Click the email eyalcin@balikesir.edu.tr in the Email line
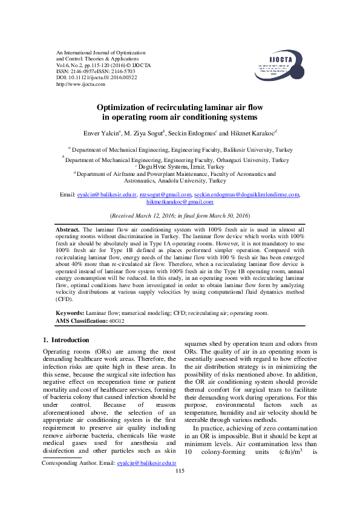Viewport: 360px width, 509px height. pyautogui.click(x=107, y=195)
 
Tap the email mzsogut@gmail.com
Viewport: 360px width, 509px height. pyautogui.click(x=165, y=195)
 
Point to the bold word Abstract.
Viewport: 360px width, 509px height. pyautogui.click(x=67, y=230)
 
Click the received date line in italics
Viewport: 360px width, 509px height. pyautogui.click(x=180, y=216)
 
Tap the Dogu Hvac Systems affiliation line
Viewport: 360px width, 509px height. pyautogui.click(x=180, y=166)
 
